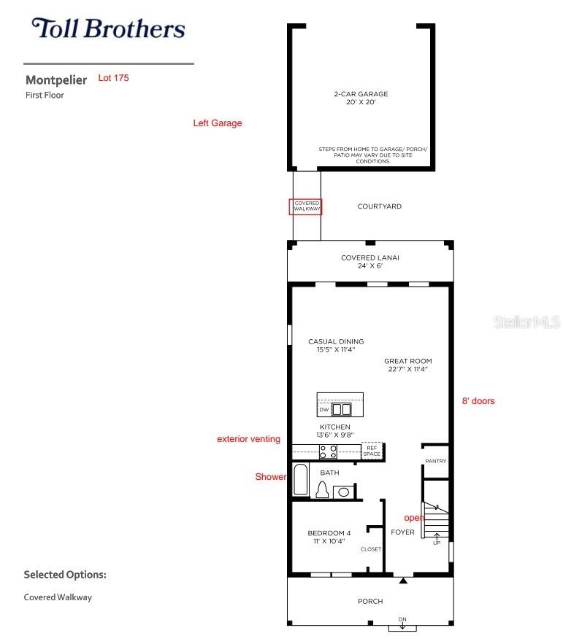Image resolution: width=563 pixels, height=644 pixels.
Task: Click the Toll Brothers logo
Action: click(x=107, y=29)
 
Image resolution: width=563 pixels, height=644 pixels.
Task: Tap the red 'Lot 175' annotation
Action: click(x=113, y=78)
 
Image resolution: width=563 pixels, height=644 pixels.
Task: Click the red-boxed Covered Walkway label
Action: click(x=307, y=206)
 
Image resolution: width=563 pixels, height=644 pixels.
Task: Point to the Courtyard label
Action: click(x=379, y=206)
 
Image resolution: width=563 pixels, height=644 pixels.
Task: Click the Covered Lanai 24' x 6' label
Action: click(x=369, y=262)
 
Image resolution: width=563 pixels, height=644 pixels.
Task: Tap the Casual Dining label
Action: click(x=335, y=346)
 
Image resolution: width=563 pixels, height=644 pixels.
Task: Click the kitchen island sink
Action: click(x=342, y=410)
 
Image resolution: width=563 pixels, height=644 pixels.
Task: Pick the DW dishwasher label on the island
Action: click(x=323, y=411)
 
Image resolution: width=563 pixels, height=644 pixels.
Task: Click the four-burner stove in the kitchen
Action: click(x=328, y=451)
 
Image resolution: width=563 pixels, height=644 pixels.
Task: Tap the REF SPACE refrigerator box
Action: click(x=372, y=451)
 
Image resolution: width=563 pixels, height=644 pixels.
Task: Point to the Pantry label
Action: click(x=435, y=461)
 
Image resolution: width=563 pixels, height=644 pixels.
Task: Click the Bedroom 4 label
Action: click(x=329, y=538)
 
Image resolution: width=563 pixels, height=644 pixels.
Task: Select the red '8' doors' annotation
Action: click(x=478, y=401)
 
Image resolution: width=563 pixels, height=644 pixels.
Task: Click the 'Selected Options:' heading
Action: click(x=65, y=575)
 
